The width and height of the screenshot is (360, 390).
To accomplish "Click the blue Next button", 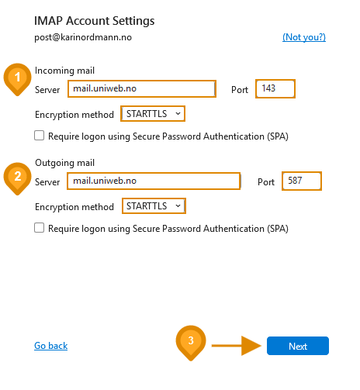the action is click(298, 346).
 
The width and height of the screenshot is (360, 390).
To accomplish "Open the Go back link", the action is click(51, 346).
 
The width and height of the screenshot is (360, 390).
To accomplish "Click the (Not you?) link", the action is click(304, 37).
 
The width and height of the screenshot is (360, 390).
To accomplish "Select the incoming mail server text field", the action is click(142, 88).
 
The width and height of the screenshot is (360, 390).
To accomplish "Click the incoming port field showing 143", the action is click(275, 88).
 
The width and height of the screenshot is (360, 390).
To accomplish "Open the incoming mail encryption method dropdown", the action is click(153, 114).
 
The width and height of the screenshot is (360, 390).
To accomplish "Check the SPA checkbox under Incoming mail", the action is click(39, 136).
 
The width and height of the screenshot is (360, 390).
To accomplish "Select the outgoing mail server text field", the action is click(154, 181).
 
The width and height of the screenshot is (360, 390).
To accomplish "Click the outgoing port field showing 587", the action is click(302, 181).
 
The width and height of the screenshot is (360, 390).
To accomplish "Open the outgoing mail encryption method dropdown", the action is click(154, 206).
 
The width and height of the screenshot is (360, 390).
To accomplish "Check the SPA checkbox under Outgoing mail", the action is click(39, 228).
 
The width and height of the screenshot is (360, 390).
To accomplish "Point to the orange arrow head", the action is click(251, 346).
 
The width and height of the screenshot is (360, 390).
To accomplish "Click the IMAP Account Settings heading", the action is click(95, 21).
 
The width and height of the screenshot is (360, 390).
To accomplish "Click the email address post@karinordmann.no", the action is click(83, 37).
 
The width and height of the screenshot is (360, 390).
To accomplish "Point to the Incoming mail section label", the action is click(64, 71).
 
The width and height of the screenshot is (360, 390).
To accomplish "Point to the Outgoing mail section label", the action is click(64, 163).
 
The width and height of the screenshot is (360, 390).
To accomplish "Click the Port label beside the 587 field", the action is click(266, 182).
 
